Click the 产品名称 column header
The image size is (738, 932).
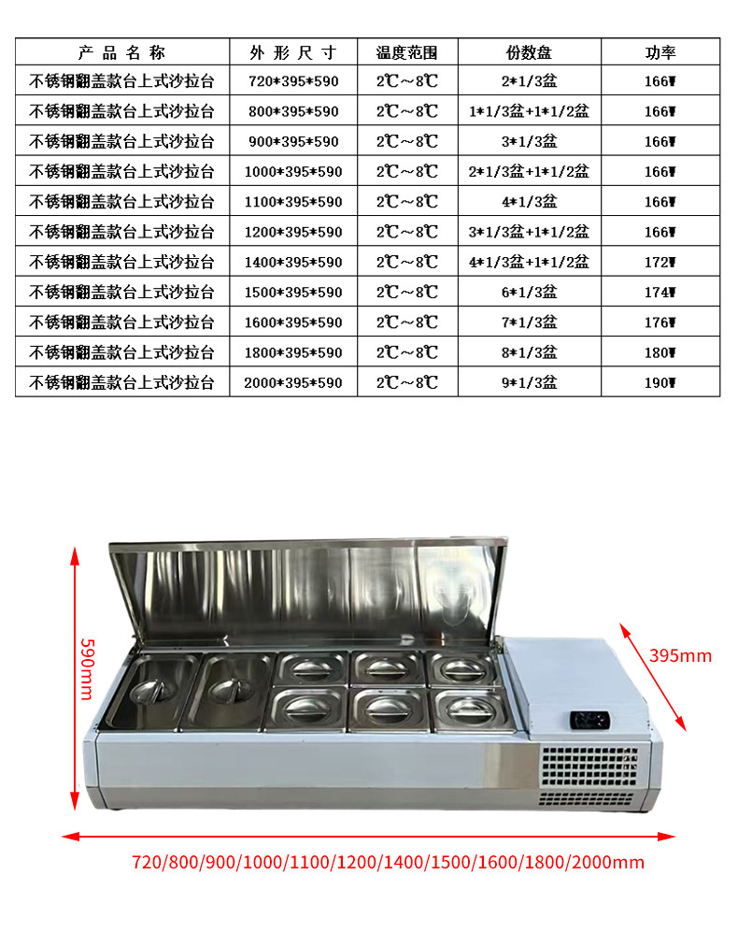(121, 52)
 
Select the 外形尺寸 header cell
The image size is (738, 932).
(292, 52)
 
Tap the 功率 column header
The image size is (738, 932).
(660, 52)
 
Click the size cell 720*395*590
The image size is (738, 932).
(292, 81)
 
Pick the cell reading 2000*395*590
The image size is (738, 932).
(292, 382)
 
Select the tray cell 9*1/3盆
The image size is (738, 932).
(529, 382)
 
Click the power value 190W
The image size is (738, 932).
(660, 382)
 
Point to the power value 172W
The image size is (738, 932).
(660, 262)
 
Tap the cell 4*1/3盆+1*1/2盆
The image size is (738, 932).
(529, 262)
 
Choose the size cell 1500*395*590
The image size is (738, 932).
(292, 293)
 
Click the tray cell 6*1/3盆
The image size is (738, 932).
(529, 293)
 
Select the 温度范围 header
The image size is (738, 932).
(406, 52)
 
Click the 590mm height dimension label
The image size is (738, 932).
(87, 668)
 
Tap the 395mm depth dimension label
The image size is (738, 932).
(679, 655)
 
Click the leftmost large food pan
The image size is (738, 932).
(149, 690)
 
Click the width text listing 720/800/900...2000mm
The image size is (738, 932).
(388, 862)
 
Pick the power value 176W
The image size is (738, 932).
(660, 323)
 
